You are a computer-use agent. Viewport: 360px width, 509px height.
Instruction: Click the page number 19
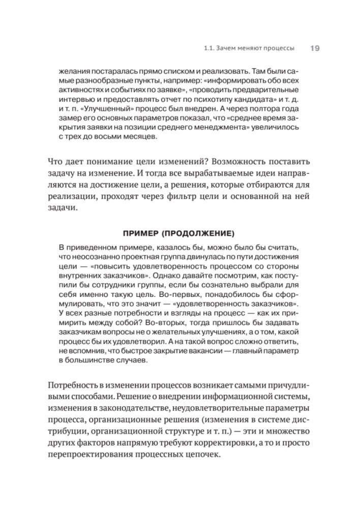(x=314, y=48)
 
